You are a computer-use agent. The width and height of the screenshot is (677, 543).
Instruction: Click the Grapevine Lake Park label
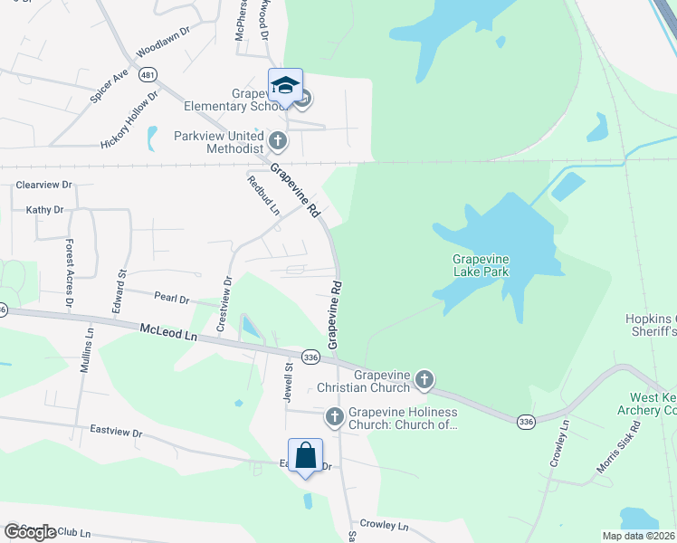pyautogui.click(x=481, y=265)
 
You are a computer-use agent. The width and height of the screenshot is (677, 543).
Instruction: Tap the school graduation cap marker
pyautogui.click(x=285, y=86)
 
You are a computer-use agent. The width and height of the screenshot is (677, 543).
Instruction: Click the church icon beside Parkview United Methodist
pyautogui.click(x=278, y=140)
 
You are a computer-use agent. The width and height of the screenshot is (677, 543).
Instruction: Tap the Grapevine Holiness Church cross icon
pyautogui.click(x=334, y=416)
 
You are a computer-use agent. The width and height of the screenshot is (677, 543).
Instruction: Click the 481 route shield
pyautogui.click(x=147, y=76)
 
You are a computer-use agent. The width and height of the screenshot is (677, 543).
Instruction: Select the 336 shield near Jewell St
pyautogui.click(x=310, y=357)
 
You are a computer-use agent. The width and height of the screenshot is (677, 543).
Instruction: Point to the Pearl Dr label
pyautogui.click(x=171, y=299)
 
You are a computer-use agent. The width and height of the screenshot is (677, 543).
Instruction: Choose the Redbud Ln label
pyautogui.click(x=263, y=195)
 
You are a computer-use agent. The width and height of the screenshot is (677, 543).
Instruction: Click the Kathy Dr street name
pyautogui.click(x=45, y=210)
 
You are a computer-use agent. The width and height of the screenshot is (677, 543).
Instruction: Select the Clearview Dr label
pyautogui.click(x=43, y=185)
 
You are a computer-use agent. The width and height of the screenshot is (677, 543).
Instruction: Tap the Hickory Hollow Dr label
pyautogui.click(x=129, y=119)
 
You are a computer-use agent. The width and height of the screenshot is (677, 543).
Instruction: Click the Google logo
pyautogui.click(x=30, y=532)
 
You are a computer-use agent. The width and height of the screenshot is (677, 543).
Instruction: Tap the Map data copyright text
pyautogui.click(x=638, y=536)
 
